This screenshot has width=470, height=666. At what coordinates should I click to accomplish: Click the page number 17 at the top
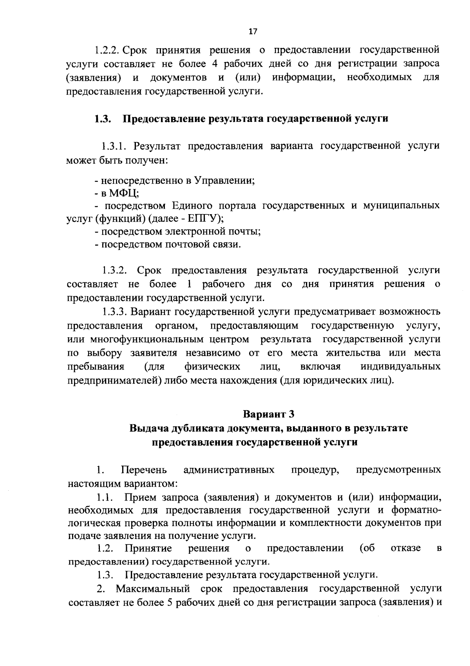253,32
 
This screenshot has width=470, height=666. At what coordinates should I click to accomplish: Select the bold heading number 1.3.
101,119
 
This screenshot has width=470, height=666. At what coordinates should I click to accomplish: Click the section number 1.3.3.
115,312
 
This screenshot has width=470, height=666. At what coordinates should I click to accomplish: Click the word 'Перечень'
144,470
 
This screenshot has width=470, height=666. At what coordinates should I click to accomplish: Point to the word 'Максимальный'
153,589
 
